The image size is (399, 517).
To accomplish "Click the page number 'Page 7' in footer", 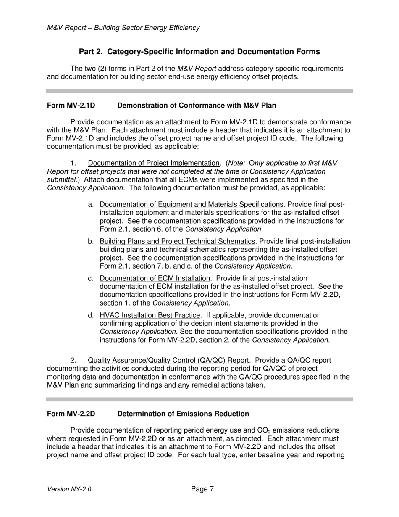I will point(202,489).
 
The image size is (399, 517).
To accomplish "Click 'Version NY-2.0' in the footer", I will point(69,489).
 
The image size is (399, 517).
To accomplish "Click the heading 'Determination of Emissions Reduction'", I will point(183,414).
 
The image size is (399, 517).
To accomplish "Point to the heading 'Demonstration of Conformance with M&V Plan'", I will point(197,105).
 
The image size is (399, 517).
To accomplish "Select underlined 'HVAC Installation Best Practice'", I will point(150,315).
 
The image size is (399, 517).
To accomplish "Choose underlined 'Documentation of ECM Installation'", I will point(155,278).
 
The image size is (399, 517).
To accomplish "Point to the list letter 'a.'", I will point(91,205).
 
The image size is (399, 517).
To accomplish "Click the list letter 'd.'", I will point(91,315).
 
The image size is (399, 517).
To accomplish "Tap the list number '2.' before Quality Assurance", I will point(73,361).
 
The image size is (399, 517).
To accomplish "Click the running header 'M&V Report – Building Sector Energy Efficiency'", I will point(123,28).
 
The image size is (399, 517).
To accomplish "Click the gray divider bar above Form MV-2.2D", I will point(199,399).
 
